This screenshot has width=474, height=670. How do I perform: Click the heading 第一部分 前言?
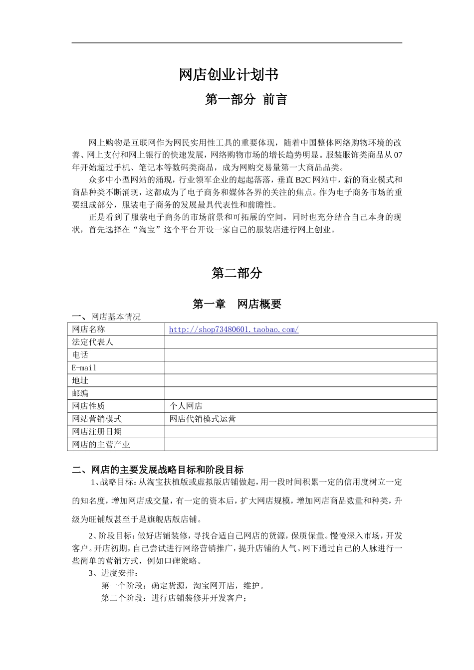pyautogui.click(x=246, y=100)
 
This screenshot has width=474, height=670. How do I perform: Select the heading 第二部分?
pyautogui.click(x=237, y=273)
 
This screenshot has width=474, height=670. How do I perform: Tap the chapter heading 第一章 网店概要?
pyautogui.click(x=237, y=304)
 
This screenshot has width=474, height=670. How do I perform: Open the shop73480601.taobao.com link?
pyautogui.click(x=234, y=330)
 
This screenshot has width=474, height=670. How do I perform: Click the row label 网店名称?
pyautogui.click(x=89, y=330)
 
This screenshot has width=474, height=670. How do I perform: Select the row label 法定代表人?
pyautogui.click(x=93, y=342)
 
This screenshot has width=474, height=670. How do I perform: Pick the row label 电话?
pyautogui.click(x=80, y=355)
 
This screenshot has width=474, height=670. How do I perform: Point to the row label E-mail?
pyautogui.click(x=84, y=368)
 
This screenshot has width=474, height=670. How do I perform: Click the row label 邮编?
pyautogui.click(x=80, y=393)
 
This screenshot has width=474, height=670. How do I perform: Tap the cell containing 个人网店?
pyautogui.click(x=186, y=406)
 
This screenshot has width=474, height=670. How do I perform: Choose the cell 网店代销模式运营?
pyautogui.click(x=203, y=419)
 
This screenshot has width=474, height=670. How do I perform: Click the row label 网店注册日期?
pyautogui.click(x=97, y=432)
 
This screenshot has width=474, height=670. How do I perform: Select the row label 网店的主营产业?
pyautogui.click(x=101, y=445)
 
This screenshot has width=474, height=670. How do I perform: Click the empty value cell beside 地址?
pyautogui.click(x=300, y=380)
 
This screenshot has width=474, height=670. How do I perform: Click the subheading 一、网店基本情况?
pyautogui.click(x=106, y=317)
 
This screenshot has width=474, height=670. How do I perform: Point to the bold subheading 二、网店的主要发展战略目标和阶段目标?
pyautogui.click(x=158, y=470)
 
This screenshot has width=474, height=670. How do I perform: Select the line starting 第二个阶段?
pyautogui.click(x=174, y=598)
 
